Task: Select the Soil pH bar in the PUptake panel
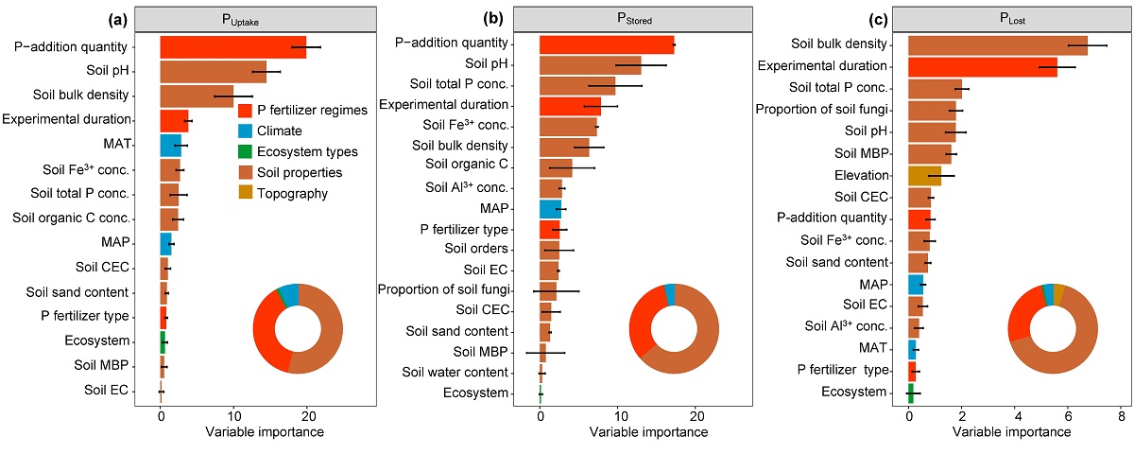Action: click(x=213, y=71)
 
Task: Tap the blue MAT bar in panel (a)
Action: click(x=170, y=145)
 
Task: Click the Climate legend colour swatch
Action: click(x=247, y=131)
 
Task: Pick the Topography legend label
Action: click(x=294, y=193)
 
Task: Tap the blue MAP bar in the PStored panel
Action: click(x=550, y=208)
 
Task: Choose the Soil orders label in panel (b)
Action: click(x=476, y=248)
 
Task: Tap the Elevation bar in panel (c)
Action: click(x=924, y=175)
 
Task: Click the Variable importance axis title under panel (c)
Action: click(x=1011, y=432)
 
